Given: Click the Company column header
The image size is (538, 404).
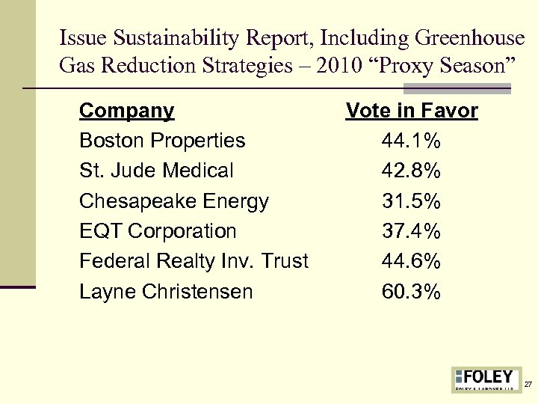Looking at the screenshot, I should click(x=126, y=111).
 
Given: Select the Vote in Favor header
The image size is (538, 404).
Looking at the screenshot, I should click(x=412, y=111).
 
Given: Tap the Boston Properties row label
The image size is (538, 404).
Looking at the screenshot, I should click(x=162, y=141).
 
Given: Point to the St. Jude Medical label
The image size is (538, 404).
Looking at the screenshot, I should click(x=156, y=171).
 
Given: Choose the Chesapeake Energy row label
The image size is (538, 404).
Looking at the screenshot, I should click(x=174, y=201).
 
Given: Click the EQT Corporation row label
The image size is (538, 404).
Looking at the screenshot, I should click(x=158, y=231).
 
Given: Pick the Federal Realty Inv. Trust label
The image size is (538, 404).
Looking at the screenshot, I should click(x=194, y=261).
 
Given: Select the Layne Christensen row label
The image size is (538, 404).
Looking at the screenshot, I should click(x=166, y=291).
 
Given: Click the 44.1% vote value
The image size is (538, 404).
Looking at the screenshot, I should click(x=412, y=141).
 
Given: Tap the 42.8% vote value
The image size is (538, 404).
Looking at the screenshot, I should click(x=412, y=171).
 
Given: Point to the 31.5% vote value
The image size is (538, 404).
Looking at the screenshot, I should click(x=412, y=201).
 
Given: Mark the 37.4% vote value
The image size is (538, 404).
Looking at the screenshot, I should click(x=412, y=231).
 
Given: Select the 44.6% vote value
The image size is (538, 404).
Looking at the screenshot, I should click(x=412, y=261).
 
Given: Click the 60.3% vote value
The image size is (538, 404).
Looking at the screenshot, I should click(x=412, y=291).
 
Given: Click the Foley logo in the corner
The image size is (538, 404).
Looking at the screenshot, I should click(x=486, y=379).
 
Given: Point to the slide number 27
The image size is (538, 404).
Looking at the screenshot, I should click(x=528, y=385).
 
